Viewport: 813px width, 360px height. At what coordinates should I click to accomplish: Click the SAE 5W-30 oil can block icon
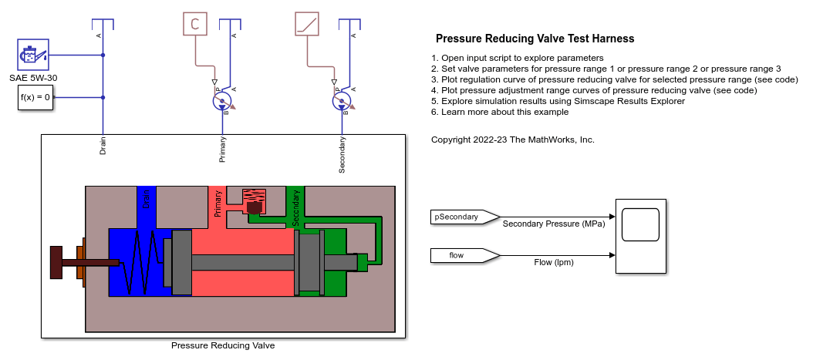33,56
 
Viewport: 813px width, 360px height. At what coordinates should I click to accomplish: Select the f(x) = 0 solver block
35,98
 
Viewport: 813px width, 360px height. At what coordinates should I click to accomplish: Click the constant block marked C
195,24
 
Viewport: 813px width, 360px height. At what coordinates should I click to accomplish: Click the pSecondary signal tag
455,217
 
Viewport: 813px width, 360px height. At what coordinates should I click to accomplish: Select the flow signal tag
455,254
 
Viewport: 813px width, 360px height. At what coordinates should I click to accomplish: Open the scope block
640,235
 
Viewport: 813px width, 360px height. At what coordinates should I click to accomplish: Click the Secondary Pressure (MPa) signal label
553,225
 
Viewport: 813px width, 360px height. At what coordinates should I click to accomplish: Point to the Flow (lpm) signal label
554,262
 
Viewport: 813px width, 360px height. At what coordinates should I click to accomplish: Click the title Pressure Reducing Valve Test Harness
535,39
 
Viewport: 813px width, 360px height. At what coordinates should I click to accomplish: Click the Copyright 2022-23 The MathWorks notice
512,140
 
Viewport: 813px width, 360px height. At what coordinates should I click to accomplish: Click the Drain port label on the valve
103,146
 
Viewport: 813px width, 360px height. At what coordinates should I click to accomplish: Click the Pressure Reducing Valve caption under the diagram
222,345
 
